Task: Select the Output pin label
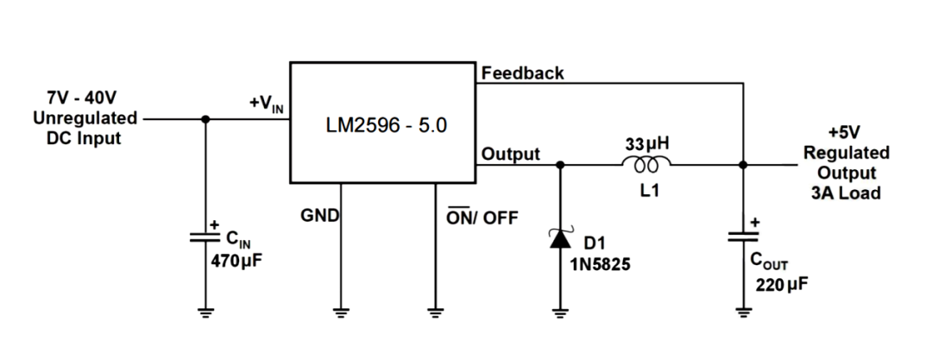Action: pyautogui.click(x=511, y=155)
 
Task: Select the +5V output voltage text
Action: pyautogui.click(x=846, y=134)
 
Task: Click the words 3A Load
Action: pyautogui.click(x=846, y=193)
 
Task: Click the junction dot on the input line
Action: pyautogui.click(x=205, y=119)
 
